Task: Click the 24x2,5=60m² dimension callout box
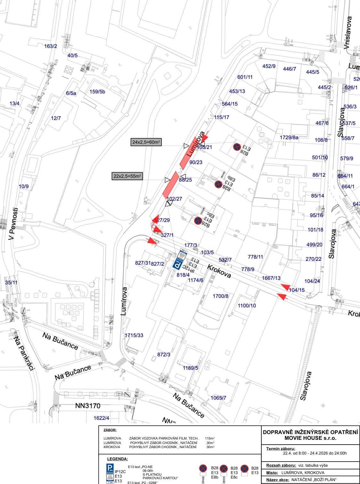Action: pyautogui.click(x=146, y=142)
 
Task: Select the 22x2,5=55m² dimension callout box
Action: pyautogui.click(x=127, y=176)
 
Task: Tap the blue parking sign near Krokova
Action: pyautogui.click(x=178, y=264)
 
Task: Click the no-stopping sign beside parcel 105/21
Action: pyautogui.click(x=237, y=147)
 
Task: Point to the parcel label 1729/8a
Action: pyautogui.click(x=289, y=137)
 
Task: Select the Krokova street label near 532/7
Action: pyautogui.click(x=219, y=271)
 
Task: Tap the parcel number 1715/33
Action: pyautogui.click(x=134, y=335)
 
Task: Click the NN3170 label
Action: pyautogui.click(x=88, y=406)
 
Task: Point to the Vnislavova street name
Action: pyautogui.click(x=348, y=33)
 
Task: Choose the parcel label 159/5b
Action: pyautogui.click(x=97, y=92)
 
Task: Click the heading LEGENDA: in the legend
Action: pyautogui.click(x=118, y=459)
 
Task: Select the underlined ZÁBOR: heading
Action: pyautogui.click(x=110, y=430)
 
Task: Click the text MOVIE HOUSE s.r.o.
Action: pyautogui.click(x=310, y=438)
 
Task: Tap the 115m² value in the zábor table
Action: pyautogui.click(x=210, y=438)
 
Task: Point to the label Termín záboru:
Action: pyautogui.click(x=281, y=448)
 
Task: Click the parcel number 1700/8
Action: pyautogui.click(x=221, y=296)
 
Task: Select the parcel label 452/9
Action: pyautogui.click(x=269, y=66)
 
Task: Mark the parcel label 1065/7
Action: pyautogui.click(x=218, y=398)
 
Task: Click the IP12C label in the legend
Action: pyautogui.click(x=120, y=472)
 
